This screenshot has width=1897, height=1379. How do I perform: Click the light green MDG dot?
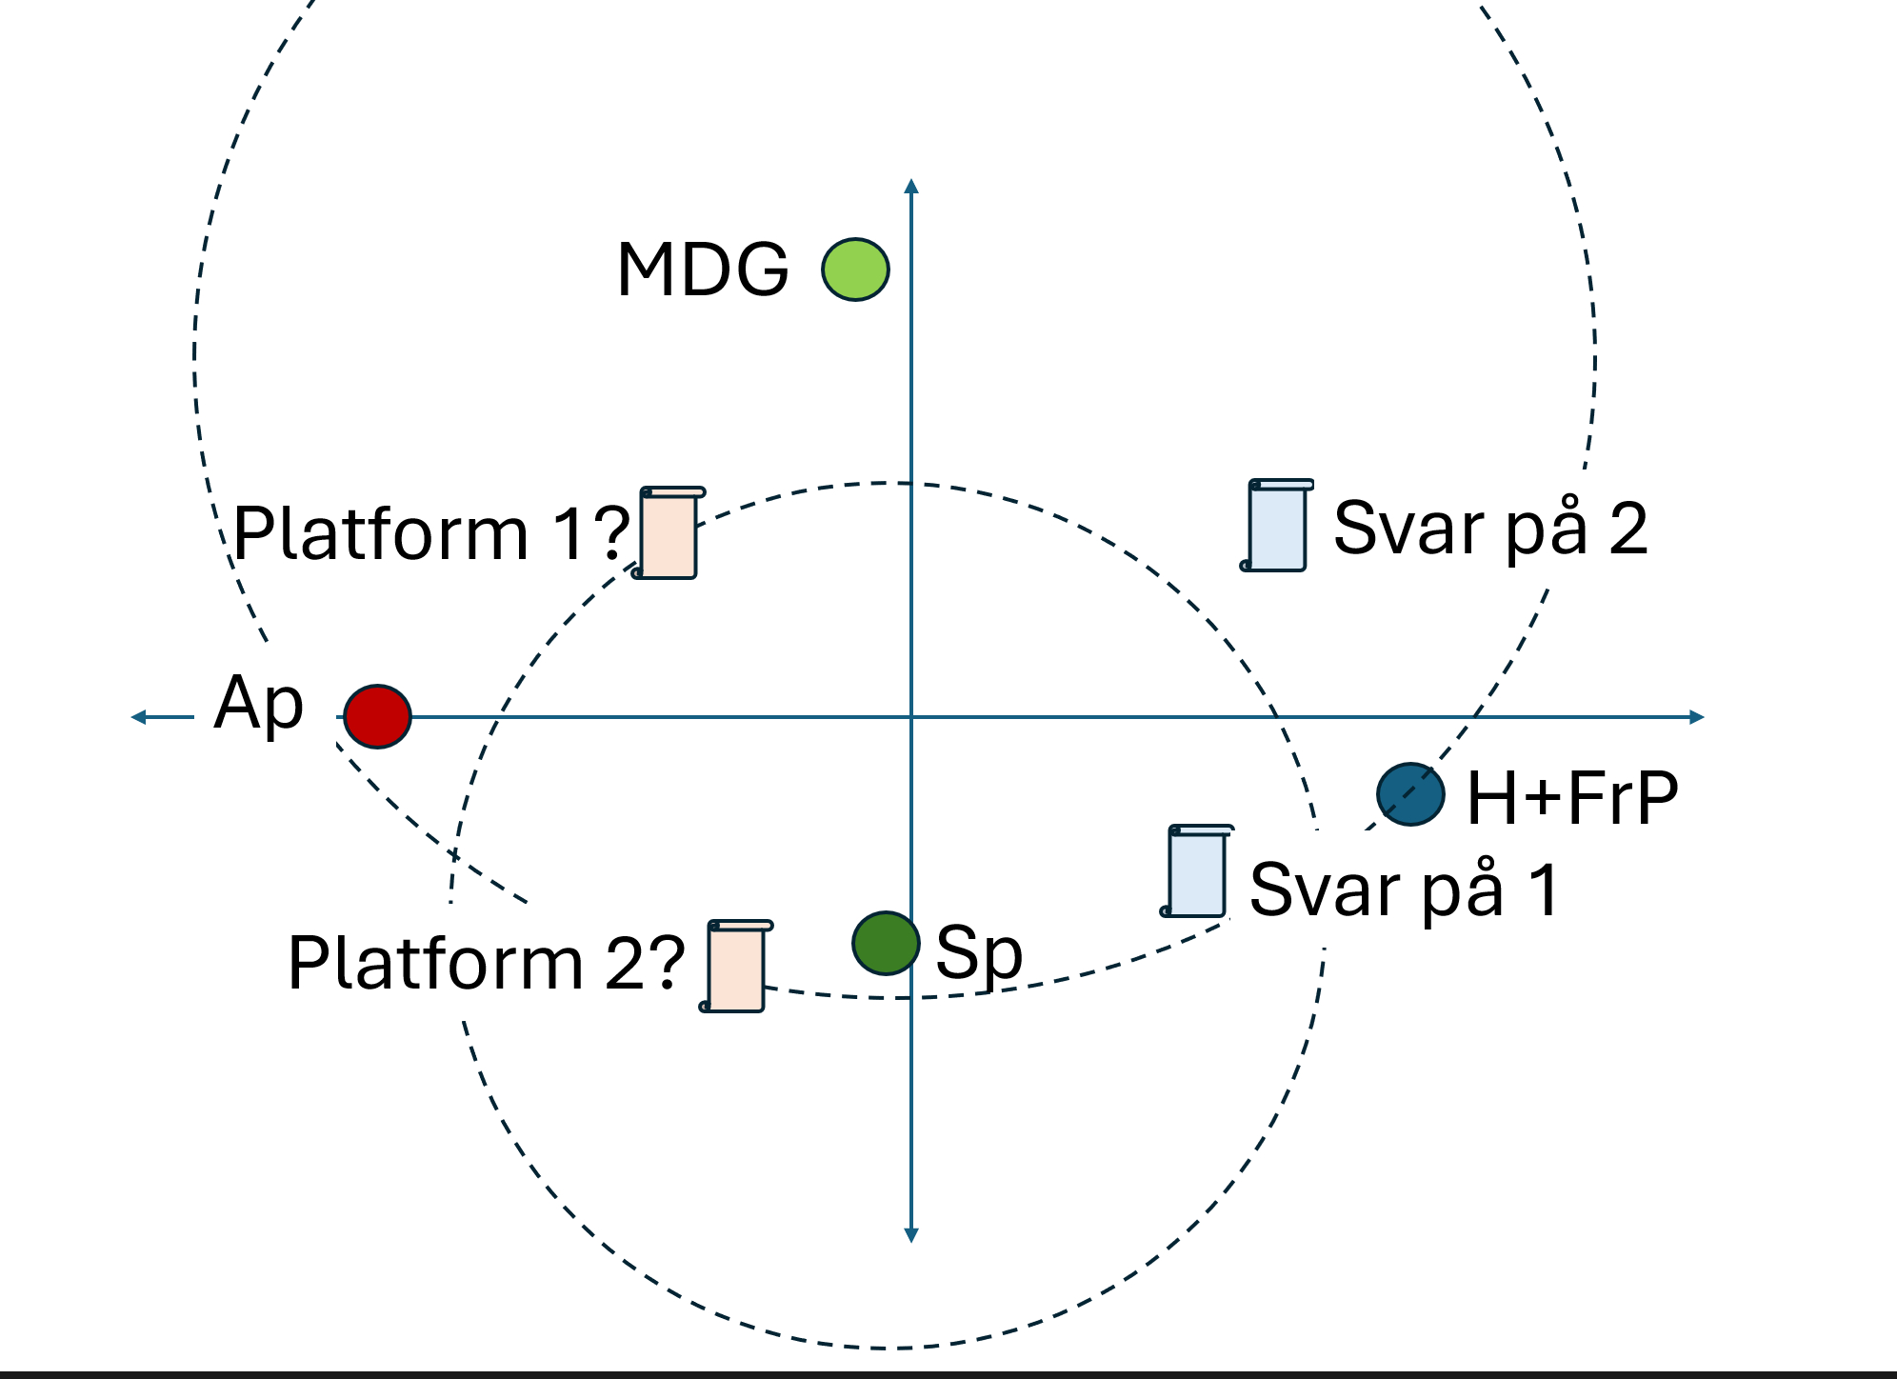[x=855, y=270]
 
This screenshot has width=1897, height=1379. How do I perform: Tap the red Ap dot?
[x=377, y=716]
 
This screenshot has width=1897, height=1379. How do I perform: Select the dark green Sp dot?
[x=886, y=943]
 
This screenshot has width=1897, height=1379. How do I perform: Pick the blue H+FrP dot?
[x=1410, y=794]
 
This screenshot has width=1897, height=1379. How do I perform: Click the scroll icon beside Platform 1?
[x=669, y=533]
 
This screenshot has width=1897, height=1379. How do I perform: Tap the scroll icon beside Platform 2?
[x=736, y=966]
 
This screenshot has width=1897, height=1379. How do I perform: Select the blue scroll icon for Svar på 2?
[x=1277, y=526]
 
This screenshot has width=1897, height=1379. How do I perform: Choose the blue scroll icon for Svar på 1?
[x=1197, y=871]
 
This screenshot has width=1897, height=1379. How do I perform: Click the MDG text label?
[x=703, y=270]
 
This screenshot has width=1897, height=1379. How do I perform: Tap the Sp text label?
[x=979, y=952]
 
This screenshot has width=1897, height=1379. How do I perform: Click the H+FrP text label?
[x=1572, y=798]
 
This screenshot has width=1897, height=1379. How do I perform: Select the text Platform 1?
[x=431, y=533]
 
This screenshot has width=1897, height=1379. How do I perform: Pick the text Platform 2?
[x=486, y=963]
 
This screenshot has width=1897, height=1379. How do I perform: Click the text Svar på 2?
[x=1490, y=529]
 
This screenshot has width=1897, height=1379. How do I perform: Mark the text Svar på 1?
[x=1405, y=889]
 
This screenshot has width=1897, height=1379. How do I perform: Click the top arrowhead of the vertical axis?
[x=911, y=185]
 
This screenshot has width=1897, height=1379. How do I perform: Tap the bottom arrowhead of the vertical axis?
[x=911, y=1235]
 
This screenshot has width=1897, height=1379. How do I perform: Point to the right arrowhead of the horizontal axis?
[x=1697, y=717]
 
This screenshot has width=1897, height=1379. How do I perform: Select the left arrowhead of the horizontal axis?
[x=138, y=717]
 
